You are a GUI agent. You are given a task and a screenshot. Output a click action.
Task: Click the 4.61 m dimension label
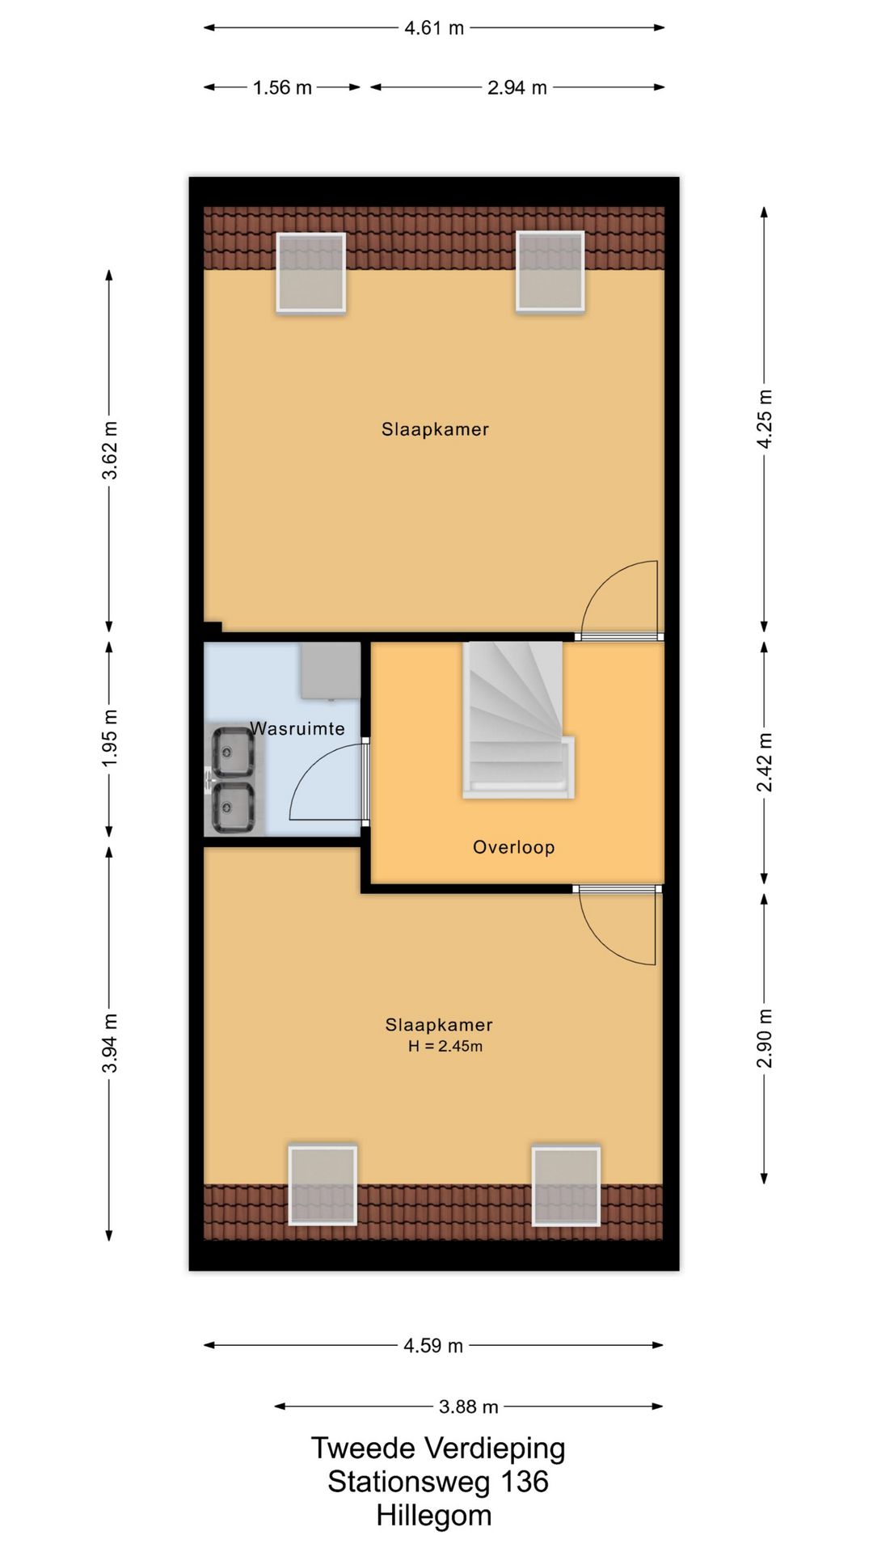coord(434,28)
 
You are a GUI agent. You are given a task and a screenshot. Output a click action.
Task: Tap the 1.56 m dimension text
coord(282,87)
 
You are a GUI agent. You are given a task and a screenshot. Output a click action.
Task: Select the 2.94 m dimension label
coord(517,87)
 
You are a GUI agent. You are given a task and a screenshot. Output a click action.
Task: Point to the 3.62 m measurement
coord(110,450)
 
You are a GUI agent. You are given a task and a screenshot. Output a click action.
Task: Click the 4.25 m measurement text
coord(765,418)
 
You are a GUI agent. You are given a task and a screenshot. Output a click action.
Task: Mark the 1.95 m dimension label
coord(110,738)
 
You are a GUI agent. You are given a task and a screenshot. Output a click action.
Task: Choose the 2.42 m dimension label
coord(765,762)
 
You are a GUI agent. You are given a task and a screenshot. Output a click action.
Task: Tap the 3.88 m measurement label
coord(468,1406)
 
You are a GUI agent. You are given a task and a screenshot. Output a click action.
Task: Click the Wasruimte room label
coord(297,728)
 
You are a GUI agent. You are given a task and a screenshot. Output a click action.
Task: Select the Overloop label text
coord(514,847)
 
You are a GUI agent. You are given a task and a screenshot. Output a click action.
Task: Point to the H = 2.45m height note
coord(445,1046)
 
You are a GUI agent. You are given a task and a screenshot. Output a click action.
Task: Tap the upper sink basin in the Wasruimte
coord(233,751)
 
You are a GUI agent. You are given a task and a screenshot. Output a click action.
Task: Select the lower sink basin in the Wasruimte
coord(233,808)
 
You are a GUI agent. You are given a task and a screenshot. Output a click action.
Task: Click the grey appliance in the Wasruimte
coord(331,670)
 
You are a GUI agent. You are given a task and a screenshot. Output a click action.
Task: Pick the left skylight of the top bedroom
coord(311,272)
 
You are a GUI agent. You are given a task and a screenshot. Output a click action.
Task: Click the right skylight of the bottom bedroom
coord(566,1185)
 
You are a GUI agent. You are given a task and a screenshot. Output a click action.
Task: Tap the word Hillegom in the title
coord(434,1516)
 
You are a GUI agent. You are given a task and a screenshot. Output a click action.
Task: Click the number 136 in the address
coord(525,1482)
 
